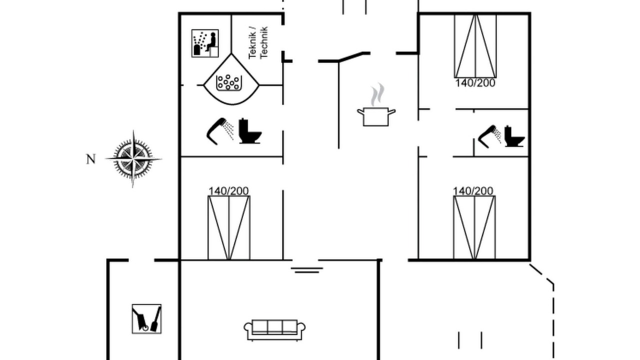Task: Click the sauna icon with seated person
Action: point(205,43)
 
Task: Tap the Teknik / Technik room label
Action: point(258,43)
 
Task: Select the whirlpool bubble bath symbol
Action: point(229,83)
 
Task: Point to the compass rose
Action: point(133,159)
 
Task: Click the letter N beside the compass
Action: point(91,159)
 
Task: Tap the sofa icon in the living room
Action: point(274,330)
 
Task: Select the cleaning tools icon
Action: point(146,319)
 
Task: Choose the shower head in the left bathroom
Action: point(219,131)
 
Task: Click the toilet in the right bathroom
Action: point(514,136)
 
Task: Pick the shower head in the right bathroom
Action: point(489,136)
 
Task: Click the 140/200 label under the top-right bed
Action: point(475,83)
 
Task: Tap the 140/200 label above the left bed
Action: point(228,191)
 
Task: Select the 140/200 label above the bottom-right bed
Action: point(473,191)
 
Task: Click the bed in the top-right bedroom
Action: point(475,45)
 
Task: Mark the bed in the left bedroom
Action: point(229,227)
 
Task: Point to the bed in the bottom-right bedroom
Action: point(474,227)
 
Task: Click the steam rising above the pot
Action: point(377,94)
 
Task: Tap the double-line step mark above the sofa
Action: point(307,270)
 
